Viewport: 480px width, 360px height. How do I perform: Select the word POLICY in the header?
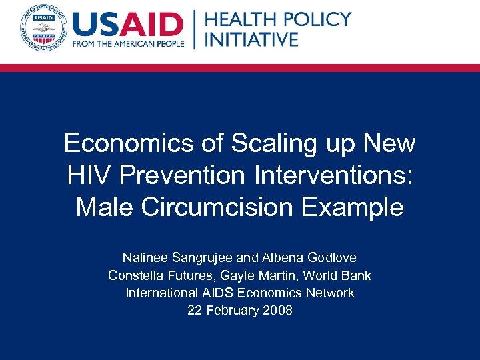point(315,19)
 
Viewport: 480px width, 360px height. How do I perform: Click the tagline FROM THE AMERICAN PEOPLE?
point(127,45)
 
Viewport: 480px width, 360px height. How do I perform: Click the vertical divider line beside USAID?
point(194,30)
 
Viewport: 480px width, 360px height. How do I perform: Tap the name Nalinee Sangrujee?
point(175,257)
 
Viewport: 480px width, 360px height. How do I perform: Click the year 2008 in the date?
point(277,310)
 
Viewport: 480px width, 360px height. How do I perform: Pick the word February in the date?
point(232,310)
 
